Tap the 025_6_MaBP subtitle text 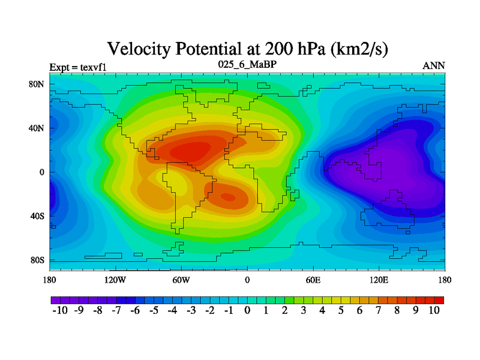(247, 64)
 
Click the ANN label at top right (434, 65)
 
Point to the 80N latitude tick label (37, 84)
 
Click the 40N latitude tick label (37, 128)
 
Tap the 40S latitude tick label (37, 216)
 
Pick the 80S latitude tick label (37, 260)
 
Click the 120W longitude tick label (115, 280)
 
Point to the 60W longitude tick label (181, 280)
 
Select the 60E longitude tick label (313, 280)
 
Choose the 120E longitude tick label (379, 280)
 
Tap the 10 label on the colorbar (434, 311)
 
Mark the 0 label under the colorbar (247, 311)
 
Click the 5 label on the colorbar (341, 311)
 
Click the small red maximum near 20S (228, 196)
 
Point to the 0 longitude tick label (247, 280)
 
